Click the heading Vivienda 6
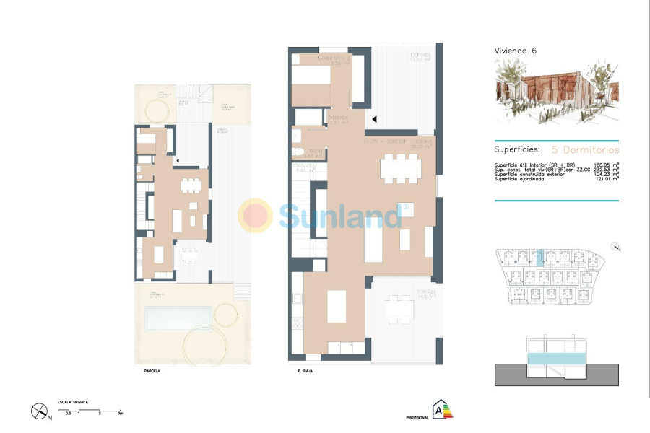point(515,51)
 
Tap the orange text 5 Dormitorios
point(585,150)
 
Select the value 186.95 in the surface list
point(599,165)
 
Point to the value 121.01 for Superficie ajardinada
point(599,178)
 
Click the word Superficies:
point(516,150)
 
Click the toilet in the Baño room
point(298,152)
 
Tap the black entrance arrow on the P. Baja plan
point(374,119)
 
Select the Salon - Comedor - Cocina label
point(397,143)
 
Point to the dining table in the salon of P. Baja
point(402,169)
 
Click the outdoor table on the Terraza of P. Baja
point(399,311)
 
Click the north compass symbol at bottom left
point(39,411)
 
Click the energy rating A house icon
point(440,410)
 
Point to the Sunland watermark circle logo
point(256,215)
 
